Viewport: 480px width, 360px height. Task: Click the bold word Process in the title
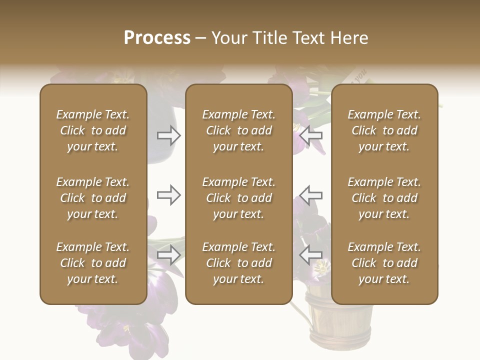(157, 38)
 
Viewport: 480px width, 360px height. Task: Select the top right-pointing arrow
(168, 135)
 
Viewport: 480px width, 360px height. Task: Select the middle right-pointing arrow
(168, 195)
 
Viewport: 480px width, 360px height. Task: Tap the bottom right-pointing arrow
(168, 255)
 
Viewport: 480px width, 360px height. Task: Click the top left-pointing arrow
(311, 135)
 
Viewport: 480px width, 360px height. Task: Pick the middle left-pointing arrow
(311, 195)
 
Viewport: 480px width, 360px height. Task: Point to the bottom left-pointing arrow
(311, 255)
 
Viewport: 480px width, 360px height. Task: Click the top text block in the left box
(93, 130)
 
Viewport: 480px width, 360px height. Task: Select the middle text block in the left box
(93, 198)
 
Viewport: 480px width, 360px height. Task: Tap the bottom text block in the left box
(93, 263)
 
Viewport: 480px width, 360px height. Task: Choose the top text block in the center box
(238, 130)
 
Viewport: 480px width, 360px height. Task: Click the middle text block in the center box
(238, 198)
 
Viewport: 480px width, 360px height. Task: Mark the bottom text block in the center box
(238, 263)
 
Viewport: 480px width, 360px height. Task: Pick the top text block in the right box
(384, 130)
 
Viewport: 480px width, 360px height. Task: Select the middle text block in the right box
(384, 198)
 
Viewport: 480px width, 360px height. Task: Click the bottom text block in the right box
(384, 263)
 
